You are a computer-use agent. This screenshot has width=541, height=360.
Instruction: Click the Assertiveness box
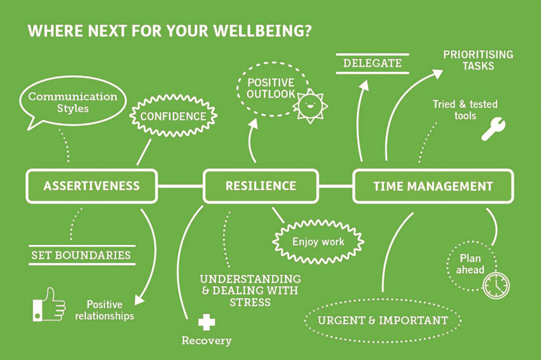pos(92,186)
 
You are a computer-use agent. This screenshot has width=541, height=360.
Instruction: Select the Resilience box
pos(260,186)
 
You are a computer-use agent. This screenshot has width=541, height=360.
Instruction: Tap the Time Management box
pos(433,187)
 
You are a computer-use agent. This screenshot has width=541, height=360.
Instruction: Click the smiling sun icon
pos(309,105)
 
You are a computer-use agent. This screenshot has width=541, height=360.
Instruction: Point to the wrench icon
pos(493,129)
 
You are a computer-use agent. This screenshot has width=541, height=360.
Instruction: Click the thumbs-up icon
pos(48,304)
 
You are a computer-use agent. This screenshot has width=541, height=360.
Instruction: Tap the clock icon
pos(495,286)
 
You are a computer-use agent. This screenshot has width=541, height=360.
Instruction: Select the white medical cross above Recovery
pos(206,322)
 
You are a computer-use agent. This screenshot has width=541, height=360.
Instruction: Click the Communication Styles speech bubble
pos(72,102)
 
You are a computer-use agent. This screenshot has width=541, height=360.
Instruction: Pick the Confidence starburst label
pos(173,116)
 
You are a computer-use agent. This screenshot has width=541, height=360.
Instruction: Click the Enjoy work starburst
pos(318,241)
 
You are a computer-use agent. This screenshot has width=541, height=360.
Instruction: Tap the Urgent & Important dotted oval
pos(383,320)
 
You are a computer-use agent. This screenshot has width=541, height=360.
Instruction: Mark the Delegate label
pos(372,63)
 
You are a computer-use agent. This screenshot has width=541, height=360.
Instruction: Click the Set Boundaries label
pos(81,255)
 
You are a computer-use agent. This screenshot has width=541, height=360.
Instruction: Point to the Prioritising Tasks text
pos(478,60)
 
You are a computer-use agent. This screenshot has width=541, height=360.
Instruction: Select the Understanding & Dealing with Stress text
pos(250,290)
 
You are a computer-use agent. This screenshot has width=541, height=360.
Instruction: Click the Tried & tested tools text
pos(465,110)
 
